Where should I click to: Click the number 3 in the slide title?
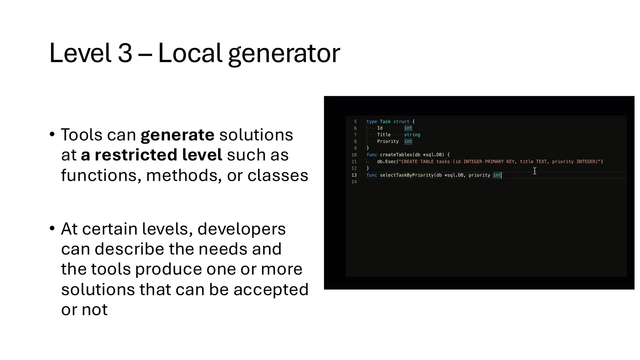125,53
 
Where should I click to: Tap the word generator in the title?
284,54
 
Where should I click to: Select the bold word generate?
177,135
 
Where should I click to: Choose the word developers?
242,229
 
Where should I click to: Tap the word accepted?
271,289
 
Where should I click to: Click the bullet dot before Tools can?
52,135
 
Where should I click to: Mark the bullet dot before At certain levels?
52,228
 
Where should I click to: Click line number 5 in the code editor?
355,122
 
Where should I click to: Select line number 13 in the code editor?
354,175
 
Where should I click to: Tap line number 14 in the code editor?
354,182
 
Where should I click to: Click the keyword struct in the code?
401,122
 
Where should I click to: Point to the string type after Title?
412,135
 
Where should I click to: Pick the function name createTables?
396,155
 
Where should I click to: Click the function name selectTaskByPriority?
407,175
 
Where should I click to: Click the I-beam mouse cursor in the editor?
535,171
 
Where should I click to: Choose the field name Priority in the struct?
388,142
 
